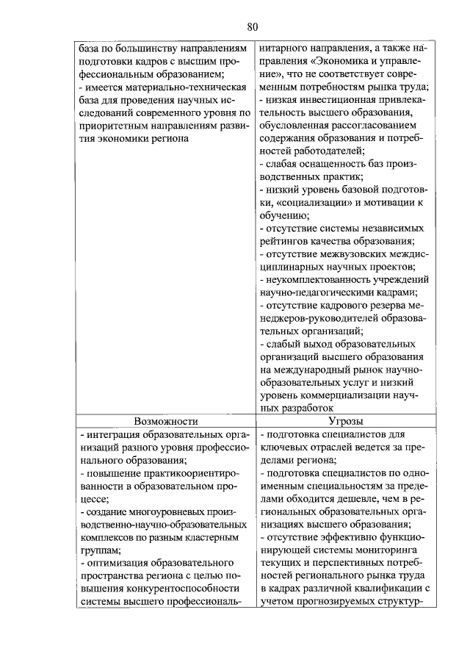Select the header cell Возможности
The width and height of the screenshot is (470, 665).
[x=166, y=422]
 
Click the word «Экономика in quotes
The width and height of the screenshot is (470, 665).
[x=346, y=60]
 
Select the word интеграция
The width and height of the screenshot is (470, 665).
[x=112, y=435]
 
